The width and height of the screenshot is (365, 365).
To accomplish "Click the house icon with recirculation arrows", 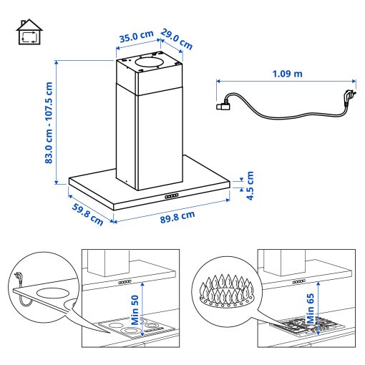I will (x=29, y=34).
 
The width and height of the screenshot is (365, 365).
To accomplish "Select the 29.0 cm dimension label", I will (x=176, y=38).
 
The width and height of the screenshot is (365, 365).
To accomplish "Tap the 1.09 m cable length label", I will (x=287, y=74).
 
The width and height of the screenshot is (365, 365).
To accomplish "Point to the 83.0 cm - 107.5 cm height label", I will (x=49, y=122).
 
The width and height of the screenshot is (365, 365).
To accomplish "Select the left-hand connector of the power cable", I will (x=223, y=106).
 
